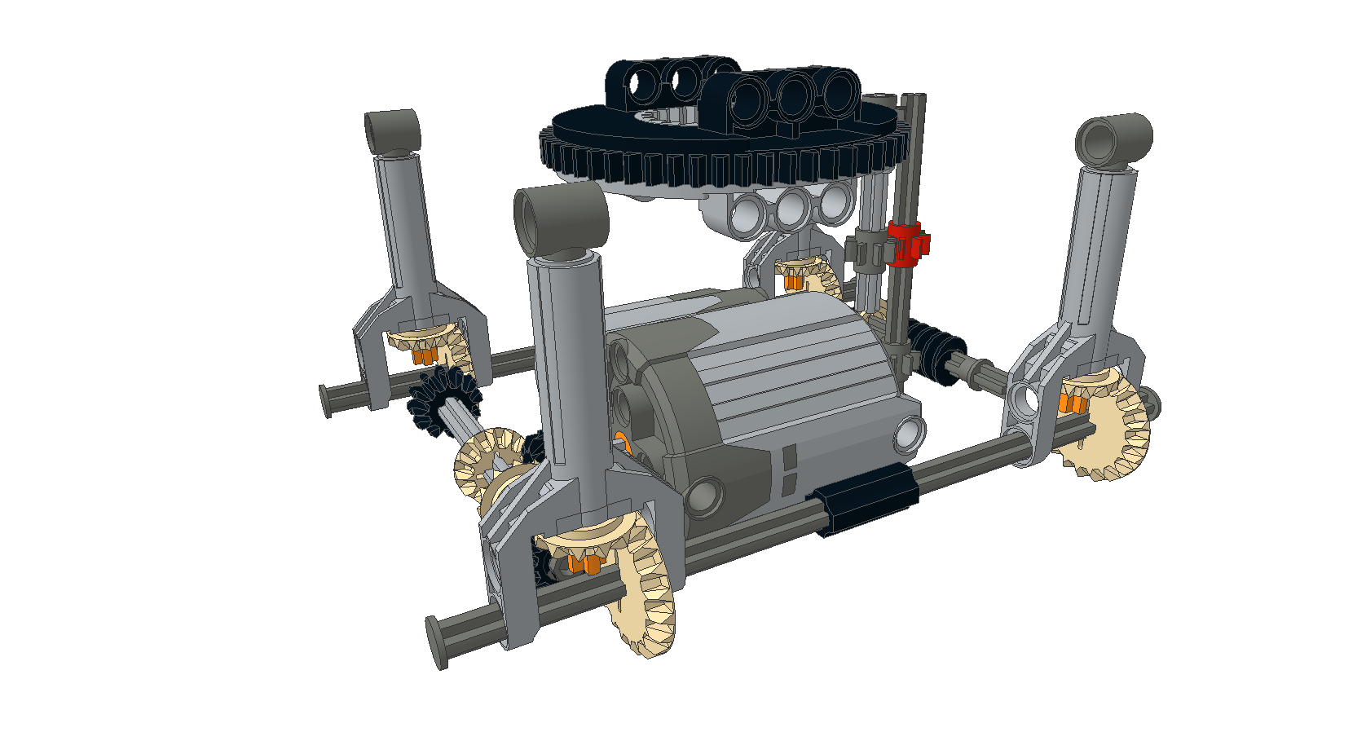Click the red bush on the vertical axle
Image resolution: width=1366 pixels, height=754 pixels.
point(907,243)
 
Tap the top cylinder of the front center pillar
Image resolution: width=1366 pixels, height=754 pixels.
point(561,217)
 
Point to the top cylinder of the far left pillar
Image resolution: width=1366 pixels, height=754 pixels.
point(391,130)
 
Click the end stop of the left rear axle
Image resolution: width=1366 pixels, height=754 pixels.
point(326,400)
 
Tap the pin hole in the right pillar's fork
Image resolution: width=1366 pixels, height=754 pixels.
point(1025,399)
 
